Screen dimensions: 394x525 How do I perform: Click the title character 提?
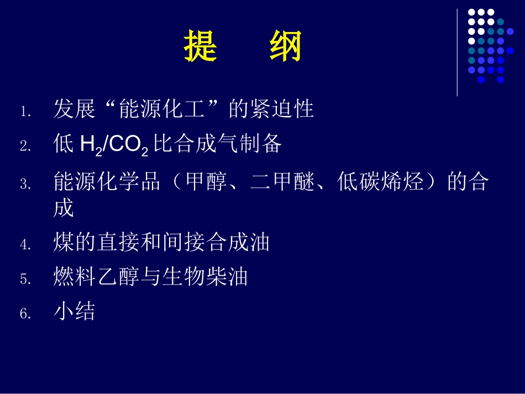pos(200,46)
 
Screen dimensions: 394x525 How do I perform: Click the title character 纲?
pos(286,46)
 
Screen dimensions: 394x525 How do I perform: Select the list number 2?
pos(25,146)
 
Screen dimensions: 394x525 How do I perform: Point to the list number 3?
pos(25,185)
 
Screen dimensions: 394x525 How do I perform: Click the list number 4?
pos(25,245)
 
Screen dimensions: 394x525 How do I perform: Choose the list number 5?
pos(25,279)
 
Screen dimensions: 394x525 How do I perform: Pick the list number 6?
pos(25,314)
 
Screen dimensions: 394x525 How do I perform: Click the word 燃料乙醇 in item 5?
pos(97,277)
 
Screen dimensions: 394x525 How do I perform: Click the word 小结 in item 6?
pos(75,312)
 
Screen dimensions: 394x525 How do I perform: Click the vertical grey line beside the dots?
pos(457,52)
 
